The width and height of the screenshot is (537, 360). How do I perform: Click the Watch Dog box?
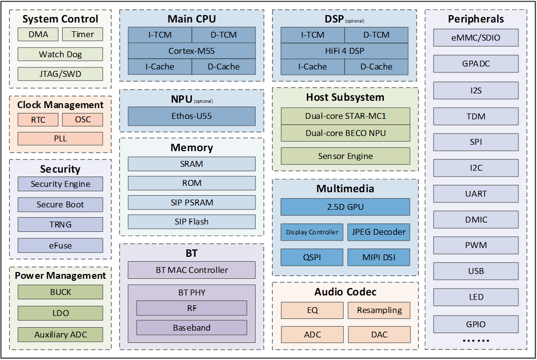60,54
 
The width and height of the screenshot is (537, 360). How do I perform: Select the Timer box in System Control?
83,34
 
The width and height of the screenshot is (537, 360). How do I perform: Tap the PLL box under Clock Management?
60,138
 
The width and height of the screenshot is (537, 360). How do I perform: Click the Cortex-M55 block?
191,51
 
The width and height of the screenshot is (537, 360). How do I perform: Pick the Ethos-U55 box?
191,116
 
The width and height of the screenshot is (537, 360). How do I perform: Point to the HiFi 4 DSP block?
345,51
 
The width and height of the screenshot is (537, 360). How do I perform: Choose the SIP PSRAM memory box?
191,202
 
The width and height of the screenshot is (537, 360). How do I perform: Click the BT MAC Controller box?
191,270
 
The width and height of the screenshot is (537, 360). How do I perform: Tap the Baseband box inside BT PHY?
191,328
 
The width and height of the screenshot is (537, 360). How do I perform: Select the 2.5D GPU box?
345,207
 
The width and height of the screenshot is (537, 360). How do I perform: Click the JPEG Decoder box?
379,232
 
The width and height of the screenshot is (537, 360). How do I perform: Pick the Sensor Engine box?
345,156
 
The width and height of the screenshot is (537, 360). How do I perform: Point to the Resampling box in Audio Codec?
379,310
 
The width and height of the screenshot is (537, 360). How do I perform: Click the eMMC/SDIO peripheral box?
476,38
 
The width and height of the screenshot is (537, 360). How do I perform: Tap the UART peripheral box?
476,194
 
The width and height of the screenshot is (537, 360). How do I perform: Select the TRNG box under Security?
60,225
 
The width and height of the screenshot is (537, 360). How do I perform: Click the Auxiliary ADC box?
60,335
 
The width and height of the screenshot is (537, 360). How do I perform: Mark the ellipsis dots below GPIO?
476,340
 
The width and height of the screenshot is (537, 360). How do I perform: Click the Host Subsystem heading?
345,97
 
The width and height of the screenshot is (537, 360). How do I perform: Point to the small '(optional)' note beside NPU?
204,101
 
